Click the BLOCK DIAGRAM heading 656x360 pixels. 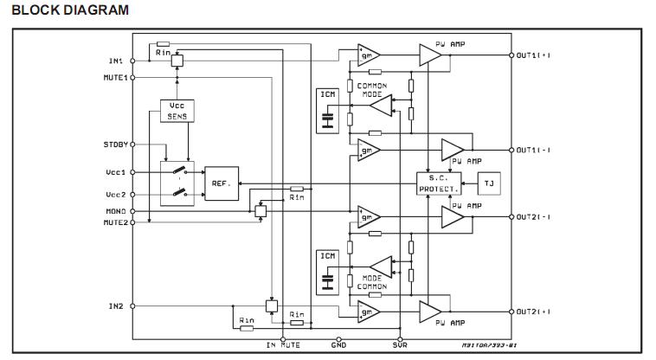pyautogui.click(x=70, y=10)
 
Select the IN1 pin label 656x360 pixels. pyautogui.click(x=116, y=61)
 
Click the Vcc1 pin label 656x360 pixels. pyautogui.click(x=114, y=172)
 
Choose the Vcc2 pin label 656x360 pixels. pyautogui.click(x=114, y=195)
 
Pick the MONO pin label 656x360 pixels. pyautogui.click(x=115, y=211)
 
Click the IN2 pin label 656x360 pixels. pyautogui.click(x=116, y=306)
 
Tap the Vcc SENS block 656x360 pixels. pyautogui.click(x=177, y=110)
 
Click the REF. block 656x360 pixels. pyautogui.click(x=221, y=183)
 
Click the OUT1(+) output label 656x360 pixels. pyautogui.click(x=534, y=55)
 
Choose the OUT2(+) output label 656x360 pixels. pyautogui.click(x=534, y=312)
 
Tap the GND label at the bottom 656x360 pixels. pyautogui.click(x=338, y=345)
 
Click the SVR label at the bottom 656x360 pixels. pyautogui.click(x=399, y=345)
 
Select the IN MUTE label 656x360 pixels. pyautogui.click(x=282, y=345)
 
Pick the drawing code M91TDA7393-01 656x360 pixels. pyautogui.click(x=490, y=345)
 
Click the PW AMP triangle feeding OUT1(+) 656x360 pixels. pyautogui.click(x=430, y=55)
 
